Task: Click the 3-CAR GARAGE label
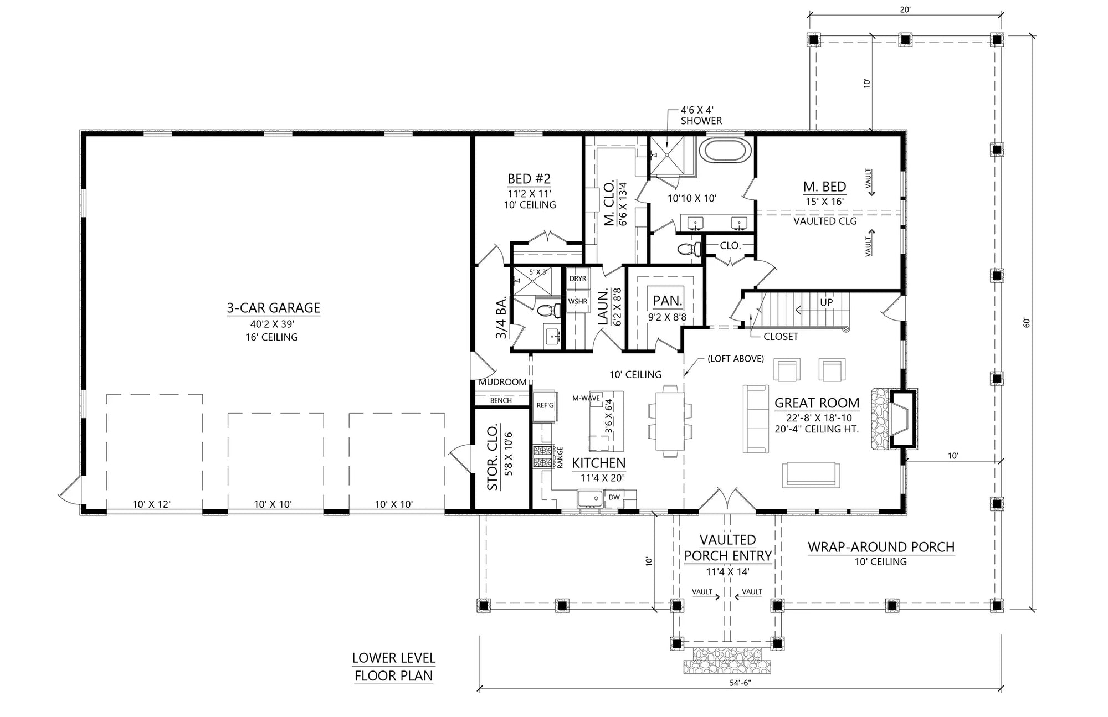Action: point(273,308)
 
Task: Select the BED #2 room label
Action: point(529,179)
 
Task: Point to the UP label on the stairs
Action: point(826,303)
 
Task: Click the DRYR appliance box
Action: point(578,278)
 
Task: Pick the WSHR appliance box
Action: point(577,302)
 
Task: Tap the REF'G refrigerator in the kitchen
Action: point(545,406)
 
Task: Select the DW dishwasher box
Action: point(614,497)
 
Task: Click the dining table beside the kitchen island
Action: point(670,421)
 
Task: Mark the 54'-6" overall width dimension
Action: point(740,683)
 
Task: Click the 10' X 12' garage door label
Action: point(151,504)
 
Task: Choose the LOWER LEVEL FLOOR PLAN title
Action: point(393,667)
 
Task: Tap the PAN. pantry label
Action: point(667,301)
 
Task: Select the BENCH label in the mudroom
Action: point(501,400)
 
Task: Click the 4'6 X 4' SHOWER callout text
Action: point(701,115)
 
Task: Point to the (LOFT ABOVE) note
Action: point(736,359)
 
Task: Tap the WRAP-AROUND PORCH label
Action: point(881,547)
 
